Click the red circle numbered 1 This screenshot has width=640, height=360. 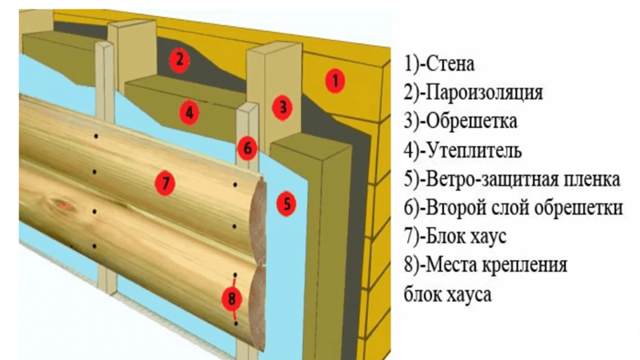(x=334, y=81)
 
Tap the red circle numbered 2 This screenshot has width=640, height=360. (x=179, y=60)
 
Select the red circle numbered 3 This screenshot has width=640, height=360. (x=282, y=108)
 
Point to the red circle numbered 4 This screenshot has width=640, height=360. (x=189, y=113)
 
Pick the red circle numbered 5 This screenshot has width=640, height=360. (x=286, y=203)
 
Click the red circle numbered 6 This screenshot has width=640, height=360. (x=247, y=149)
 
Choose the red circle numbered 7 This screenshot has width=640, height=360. (x=165, y=183)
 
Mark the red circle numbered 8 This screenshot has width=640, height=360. (x=231, y=298)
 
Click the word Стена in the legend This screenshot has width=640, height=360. (x=450, y=65)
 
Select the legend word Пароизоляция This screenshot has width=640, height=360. (x=485, y=93)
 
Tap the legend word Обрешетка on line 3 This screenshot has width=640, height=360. (x=471, y=122)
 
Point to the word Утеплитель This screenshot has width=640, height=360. (x=474, y=151)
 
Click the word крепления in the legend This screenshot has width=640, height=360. (x=525, y=266)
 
